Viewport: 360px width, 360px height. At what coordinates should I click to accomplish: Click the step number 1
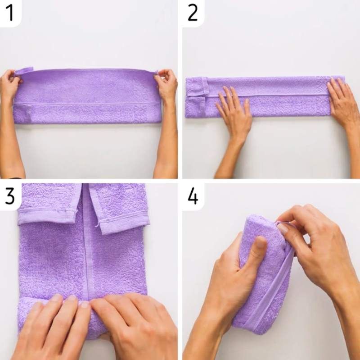tap(10, 13)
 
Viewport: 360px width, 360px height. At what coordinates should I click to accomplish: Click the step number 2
tap(193, 13)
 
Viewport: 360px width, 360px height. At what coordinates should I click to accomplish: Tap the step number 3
tap(10, 196)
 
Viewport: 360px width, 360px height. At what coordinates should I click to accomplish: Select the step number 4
tap(193, 196)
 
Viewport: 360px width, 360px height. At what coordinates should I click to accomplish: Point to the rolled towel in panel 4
tap(266, 273)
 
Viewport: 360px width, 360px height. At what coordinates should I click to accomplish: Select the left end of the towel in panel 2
tap(195, 98)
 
